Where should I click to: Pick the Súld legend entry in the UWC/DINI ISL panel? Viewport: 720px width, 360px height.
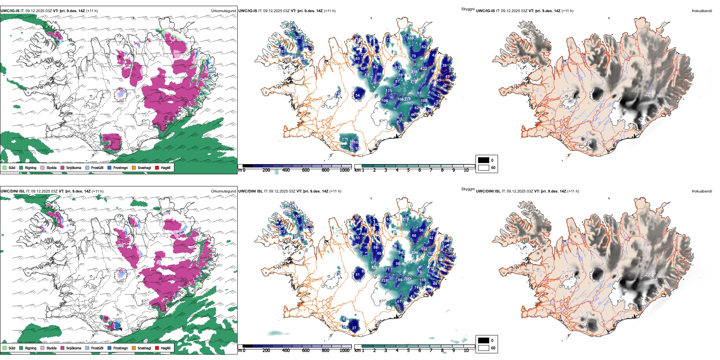click(x=9, y=348)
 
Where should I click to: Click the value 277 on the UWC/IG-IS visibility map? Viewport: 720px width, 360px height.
click(x=407, y=99)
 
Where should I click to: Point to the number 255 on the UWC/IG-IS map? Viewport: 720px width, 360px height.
click(x=414, y=72)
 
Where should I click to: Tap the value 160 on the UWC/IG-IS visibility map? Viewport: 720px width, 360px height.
click(x=411, y=38)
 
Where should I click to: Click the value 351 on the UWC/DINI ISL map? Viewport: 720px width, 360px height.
click(x=409, y=279)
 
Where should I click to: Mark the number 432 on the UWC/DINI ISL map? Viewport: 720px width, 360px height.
click(x=375, y=268)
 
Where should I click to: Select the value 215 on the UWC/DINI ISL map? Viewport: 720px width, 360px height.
click(x=405, y=219)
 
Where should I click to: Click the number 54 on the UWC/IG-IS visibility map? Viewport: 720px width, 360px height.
click(x=357, y=95)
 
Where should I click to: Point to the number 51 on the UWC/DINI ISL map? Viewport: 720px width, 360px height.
click(x=357, y=275)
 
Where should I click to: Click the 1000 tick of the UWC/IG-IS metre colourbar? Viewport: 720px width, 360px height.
click(x=344, y=170)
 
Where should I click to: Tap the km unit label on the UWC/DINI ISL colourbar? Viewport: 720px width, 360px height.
click(x=357, y=351)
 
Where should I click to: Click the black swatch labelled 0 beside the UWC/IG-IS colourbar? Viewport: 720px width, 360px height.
click(x=484, y=160)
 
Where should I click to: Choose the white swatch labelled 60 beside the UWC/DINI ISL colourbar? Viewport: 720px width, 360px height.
click(x=484, y=348)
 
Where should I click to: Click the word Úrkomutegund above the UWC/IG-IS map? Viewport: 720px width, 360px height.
click(x=223, y=11)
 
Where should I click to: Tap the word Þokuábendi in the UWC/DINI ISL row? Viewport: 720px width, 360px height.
click(x=702, y=191)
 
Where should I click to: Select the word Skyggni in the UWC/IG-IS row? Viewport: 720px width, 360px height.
click(x=468, y=9)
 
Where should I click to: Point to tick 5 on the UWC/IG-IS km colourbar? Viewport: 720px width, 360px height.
click(x=408, y=170)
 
